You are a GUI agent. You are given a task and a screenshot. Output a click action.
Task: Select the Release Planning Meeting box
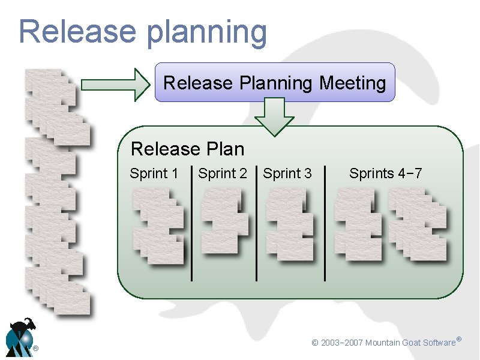point(275,82)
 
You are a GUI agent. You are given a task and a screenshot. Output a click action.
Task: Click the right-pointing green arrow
point(115,85)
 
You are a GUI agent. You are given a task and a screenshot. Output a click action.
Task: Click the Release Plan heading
point(187,148)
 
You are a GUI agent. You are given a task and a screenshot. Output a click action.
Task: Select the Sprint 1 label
point(154,174)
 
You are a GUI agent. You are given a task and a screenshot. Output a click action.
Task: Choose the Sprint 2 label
point(222,174)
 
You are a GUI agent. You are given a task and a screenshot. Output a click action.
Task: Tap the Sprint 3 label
point(287,174)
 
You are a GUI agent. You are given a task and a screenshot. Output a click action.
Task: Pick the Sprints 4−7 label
point(386,174)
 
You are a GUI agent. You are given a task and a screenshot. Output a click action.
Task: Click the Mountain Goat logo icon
point(20,337)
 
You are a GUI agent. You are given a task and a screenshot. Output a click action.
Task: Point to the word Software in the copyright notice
point(439,343)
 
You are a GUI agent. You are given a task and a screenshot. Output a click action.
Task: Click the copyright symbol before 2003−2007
point(314,343)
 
